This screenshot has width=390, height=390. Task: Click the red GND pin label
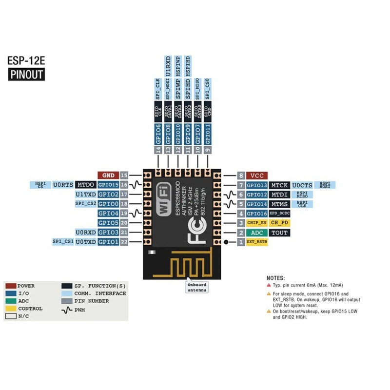(x=108, y=175)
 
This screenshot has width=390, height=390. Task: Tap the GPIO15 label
(x=108, y=185)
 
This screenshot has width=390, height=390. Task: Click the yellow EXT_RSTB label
(x=256, y=242)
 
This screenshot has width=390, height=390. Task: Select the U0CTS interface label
(x=302, y=185)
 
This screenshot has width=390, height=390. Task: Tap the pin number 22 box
(x=124, y=242)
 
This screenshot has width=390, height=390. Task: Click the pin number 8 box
(x=240, y=175)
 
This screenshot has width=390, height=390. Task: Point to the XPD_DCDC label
(x=279, y=214)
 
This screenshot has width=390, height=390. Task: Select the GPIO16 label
(x=256, y=214)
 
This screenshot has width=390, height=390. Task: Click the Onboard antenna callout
(x=197, y=287)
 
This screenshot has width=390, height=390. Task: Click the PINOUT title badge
(x=26, y=75)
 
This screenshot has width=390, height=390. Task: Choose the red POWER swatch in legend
(x=10, y=286)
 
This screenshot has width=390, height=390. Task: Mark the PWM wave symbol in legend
(x=67, y=309)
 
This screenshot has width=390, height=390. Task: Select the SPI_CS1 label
(x=63, y=242)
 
